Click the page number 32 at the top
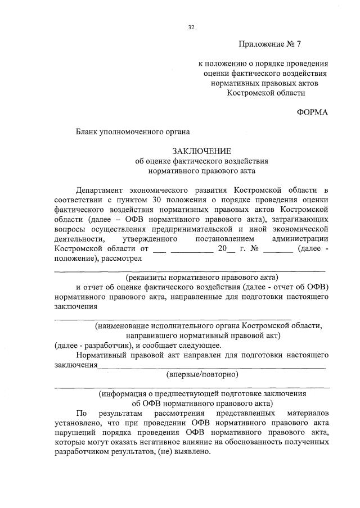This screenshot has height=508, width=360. [x=191, y=26]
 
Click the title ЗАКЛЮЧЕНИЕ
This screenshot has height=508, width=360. [x=202, y=151]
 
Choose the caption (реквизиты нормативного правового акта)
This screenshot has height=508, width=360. [x=202, y=277]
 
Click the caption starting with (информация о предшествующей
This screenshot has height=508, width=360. [x=202, y=393]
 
